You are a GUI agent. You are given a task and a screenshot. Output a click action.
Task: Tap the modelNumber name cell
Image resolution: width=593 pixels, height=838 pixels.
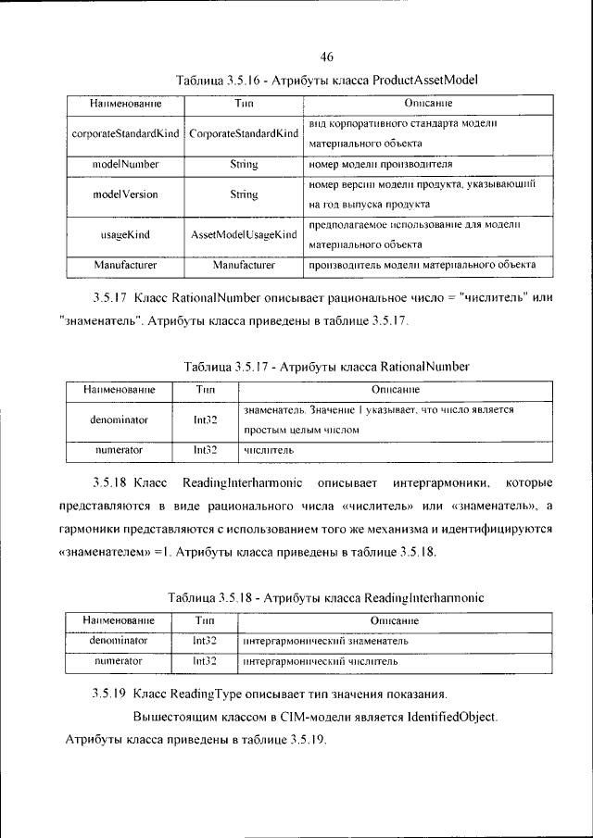click(x=126, y=164)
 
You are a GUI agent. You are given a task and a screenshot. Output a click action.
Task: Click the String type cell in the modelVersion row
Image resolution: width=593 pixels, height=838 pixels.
click(x=244, y=195)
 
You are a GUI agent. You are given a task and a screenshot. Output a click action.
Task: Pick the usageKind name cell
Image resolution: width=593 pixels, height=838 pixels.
click(x=126, y=235)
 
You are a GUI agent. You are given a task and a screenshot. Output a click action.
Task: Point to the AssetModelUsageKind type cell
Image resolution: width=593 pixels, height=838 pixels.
click(x=244, y=235)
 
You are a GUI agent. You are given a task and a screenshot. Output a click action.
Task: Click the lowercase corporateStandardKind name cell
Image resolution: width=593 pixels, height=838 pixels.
click(x=126, y=133)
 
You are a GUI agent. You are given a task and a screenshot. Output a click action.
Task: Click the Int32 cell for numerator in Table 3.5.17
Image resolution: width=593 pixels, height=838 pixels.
click(x=205, y=450)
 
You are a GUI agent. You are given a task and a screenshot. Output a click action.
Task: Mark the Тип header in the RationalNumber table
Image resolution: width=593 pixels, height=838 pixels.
click(x=205, y=390)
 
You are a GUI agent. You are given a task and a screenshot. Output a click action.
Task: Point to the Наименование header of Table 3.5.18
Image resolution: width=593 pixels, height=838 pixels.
click(x=118, y=619)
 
